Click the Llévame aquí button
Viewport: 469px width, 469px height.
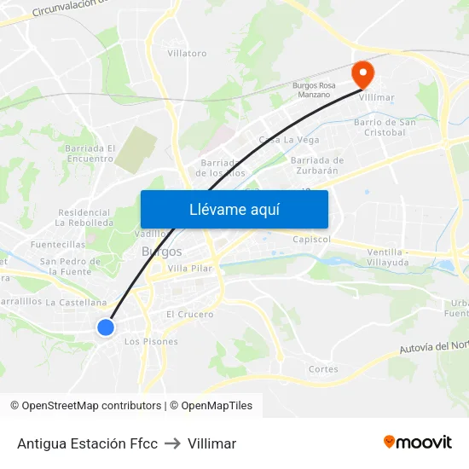[x=234, y=209]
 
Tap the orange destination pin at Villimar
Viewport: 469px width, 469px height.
[x=363, y=74]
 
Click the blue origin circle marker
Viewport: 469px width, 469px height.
[x=106, y=327]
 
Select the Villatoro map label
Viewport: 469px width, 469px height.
[x=187, y=53]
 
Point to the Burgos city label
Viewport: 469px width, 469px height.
[x=161, y=252]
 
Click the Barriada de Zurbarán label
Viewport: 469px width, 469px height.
[x=317, y=165]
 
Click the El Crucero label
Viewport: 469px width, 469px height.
[x=190, y=315]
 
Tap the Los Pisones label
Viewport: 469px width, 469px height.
[x=151, y=342]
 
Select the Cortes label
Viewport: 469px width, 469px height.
[x=323, y=369]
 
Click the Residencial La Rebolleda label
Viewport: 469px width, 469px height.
[x=84, y=217]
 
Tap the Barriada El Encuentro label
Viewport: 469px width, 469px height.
[x=89, y=153]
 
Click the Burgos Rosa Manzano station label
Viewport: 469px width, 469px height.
[x=314, y=90]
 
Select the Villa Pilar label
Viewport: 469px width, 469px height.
[x=189, y=269]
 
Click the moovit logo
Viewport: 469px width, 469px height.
[x=418, y=442]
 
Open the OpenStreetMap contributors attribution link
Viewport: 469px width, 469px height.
[x=91, y=406]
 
